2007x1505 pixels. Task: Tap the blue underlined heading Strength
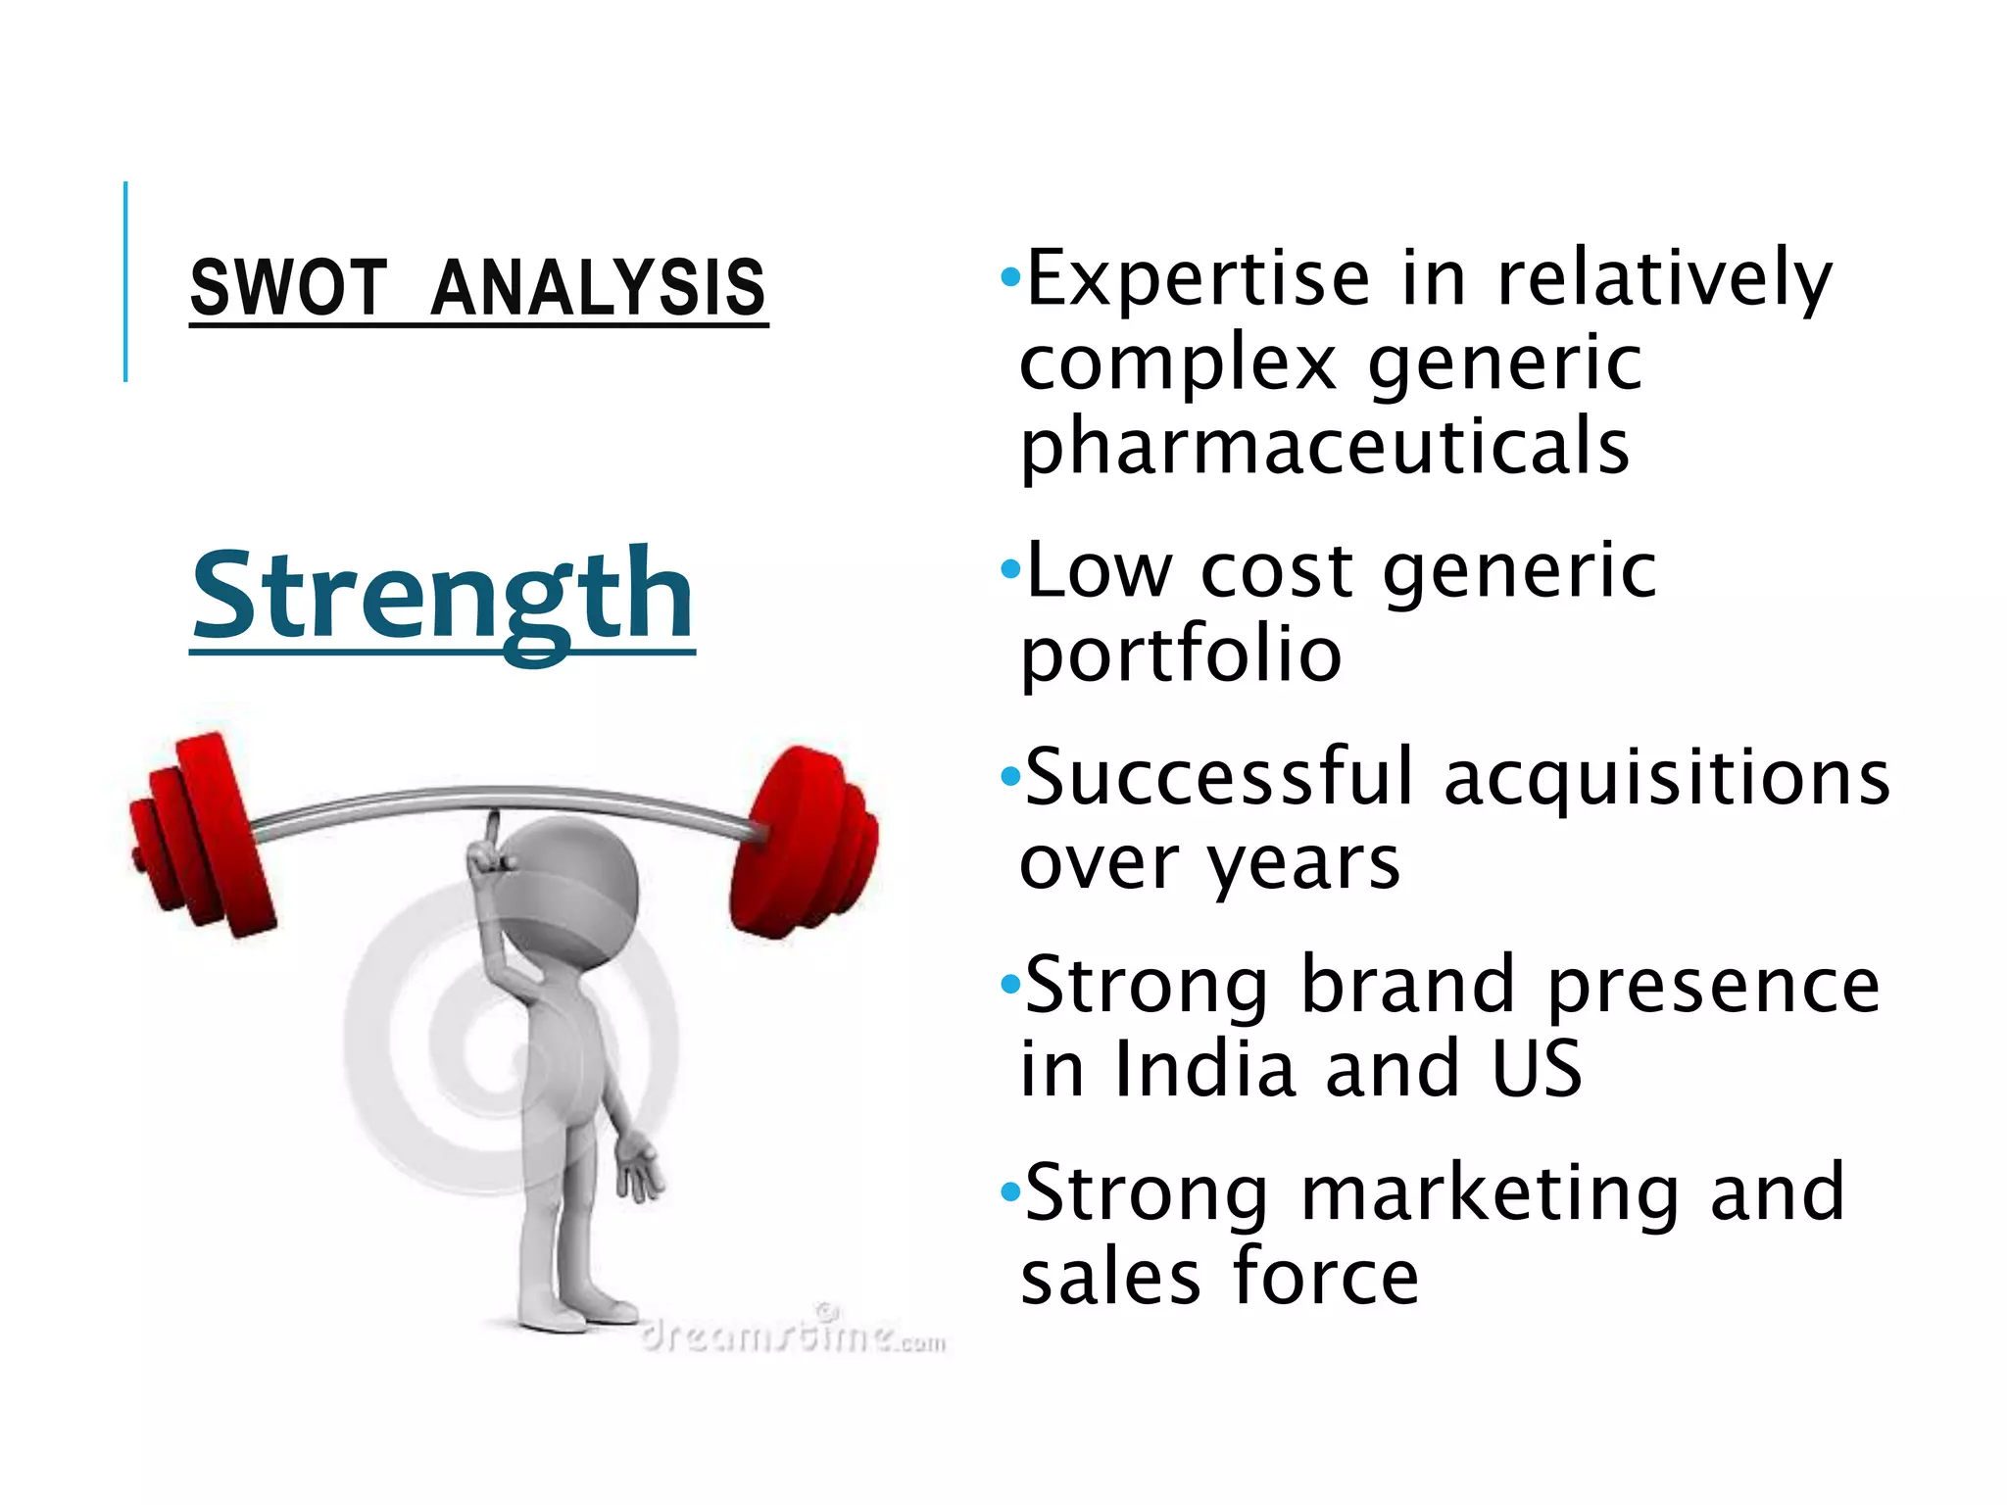[x=443, y=595]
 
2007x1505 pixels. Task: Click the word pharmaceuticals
[x=1325, y=446]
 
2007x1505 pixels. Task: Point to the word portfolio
[x=1181, y=655]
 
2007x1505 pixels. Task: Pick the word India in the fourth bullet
[x=1206, y=1068]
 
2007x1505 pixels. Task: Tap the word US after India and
[x=1537, y=1068]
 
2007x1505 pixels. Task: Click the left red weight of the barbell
[x=201, y=833]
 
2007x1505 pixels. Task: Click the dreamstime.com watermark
[x=794, y=1335]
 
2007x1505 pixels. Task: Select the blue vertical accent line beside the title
[x=125, y=281]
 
